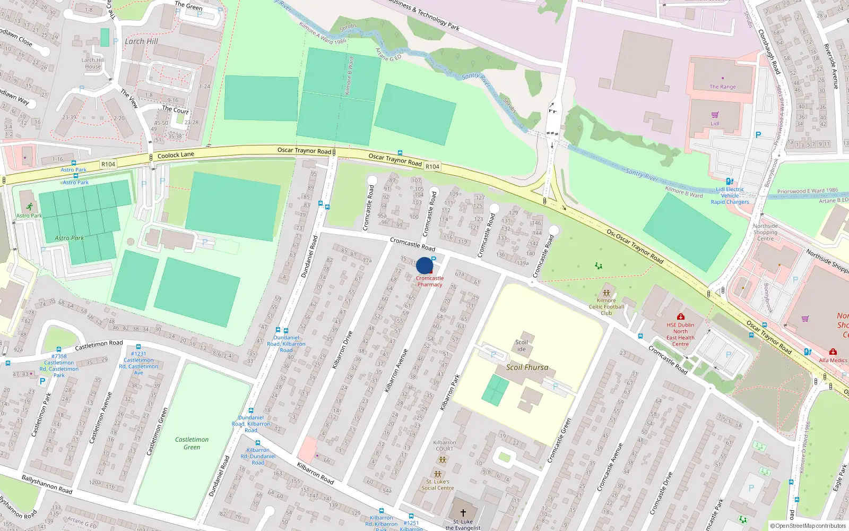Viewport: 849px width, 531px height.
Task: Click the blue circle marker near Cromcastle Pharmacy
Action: [424, 265]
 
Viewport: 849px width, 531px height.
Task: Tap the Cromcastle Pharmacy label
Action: [430, 281]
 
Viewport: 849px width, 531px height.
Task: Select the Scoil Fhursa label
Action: [527, 367]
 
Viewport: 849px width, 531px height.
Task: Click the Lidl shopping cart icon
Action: [715, 115]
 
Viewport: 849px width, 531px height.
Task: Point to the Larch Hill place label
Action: [141, 41]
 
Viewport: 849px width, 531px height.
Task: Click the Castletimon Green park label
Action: [192, 443]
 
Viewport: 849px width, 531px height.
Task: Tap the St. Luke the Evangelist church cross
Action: [463, 512]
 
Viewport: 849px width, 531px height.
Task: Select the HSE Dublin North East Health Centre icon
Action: [681, 316]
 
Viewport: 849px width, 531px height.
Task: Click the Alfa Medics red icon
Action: [833, 352]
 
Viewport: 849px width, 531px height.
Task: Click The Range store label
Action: [722, 87]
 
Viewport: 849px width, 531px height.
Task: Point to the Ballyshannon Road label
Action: [47, 484]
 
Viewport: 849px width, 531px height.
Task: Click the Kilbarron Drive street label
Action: [342, 350]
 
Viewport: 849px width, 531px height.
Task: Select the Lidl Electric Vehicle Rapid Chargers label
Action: [730, 195]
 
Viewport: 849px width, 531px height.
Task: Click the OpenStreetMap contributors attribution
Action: [809, 526]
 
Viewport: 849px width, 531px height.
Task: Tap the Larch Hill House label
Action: [93, 63]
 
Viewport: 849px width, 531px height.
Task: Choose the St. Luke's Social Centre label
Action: [437, 485]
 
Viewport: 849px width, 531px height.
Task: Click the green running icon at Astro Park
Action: [29, 207]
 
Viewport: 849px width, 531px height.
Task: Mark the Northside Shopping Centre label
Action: [765, 232]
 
